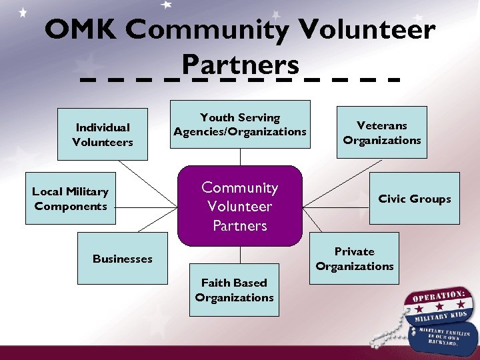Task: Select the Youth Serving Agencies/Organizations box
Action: click(240, 125)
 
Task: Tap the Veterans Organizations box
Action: click(381, 133)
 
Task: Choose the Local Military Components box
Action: click(71, 199)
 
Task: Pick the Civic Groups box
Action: click(414, 199)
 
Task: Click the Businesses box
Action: click(123, 259)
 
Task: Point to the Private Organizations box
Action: click(355, 259)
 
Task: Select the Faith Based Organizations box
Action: click(234, 291)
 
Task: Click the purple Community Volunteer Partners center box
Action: click(240, 207)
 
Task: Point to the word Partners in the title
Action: click(240, 65)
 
